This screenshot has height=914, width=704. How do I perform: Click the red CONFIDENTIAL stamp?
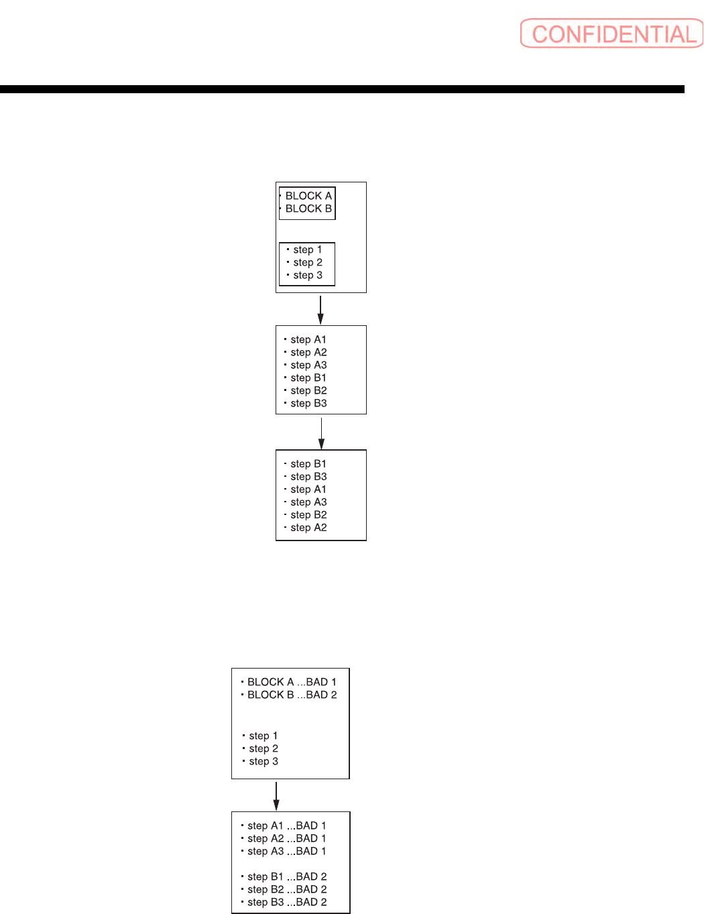point(611,34)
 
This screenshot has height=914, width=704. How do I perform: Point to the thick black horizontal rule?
point(342,89)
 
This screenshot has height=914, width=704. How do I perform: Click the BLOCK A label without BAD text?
point(308,196)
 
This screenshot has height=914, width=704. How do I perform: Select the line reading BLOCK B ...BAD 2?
point(292,695)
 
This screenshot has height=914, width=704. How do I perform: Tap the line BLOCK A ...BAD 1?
point(292,682)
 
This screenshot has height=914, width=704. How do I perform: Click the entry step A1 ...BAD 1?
point(286,825)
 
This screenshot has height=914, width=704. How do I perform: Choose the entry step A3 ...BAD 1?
point(286,851)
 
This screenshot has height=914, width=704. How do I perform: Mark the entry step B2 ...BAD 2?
point(287,889)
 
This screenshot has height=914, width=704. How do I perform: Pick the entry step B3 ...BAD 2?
point(287,902)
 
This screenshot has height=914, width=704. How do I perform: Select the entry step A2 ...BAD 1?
point(286,838)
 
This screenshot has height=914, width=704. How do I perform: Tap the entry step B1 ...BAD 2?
point(287,876)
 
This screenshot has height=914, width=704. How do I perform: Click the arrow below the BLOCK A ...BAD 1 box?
point(276,795)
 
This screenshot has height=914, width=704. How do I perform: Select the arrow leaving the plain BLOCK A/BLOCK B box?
point(320,309)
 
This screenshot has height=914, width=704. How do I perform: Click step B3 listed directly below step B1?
point(308,477)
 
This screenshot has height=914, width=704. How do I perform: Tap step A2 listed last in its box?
point(308,528)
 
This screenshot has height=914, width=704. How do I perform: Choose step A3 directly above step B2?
point(308,502)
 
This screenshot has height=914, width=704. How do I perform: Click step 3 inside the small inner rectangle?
point(308,275)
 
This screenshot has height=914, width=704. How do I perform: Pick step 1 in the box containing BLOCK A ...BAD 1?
point(263,736)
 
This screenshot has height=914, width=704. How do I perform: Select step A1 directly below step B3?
point(308,490)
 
